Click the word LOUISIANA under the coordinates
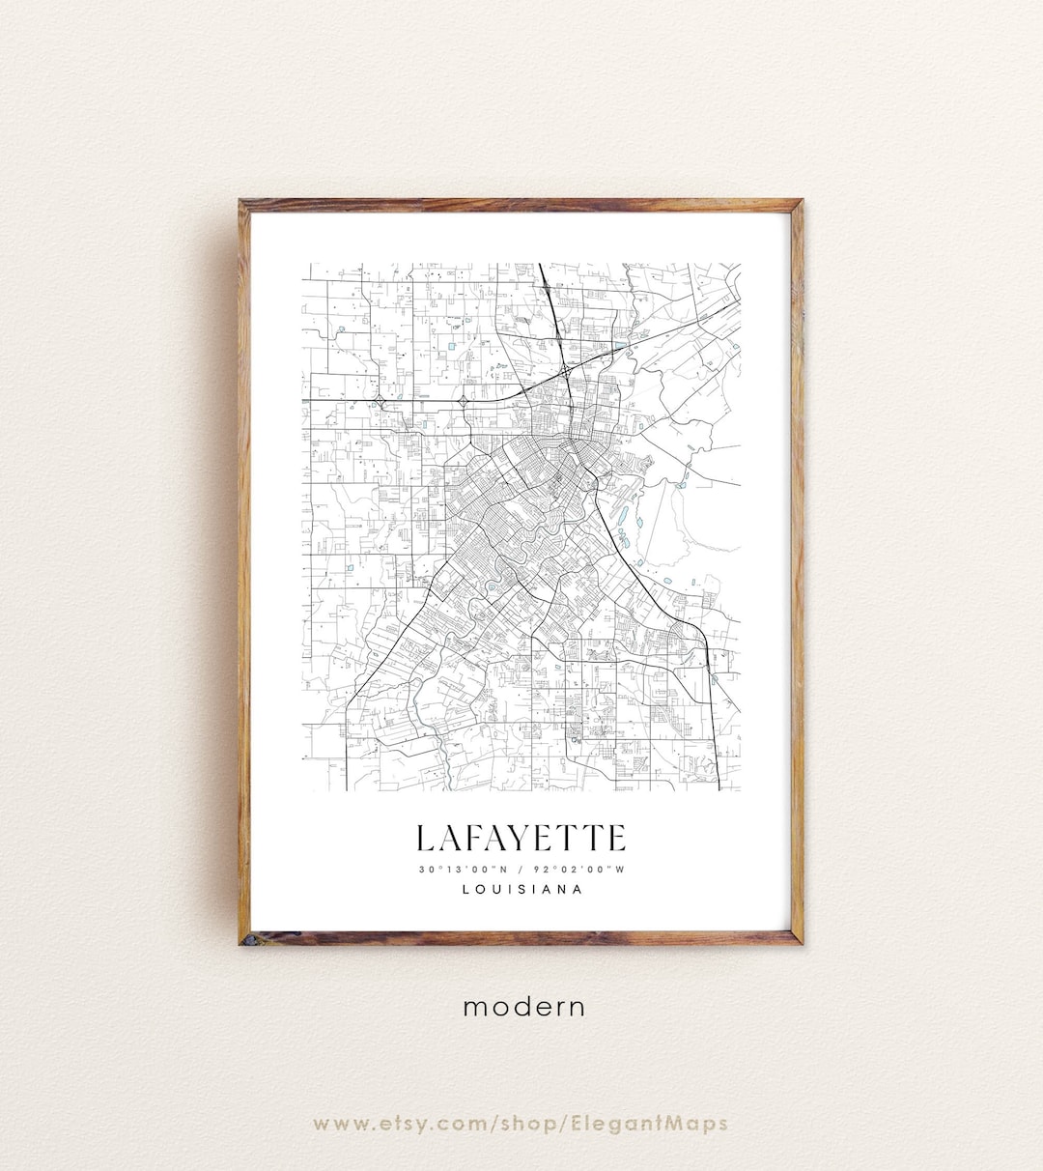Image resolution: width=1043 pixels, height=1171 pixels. tap(521, 890)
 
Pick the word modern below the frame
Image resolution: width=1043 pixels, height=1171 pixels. tap(523, 1007)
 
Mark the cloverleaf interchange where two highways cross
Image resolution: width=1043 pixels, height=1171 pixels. tap(564, 370)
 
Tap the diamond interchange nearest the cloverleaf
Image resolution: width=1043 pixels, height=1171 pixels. tap(464, 399)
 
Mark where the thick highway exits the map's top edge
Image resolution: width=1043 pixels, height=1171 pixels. tap(540, 265)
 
